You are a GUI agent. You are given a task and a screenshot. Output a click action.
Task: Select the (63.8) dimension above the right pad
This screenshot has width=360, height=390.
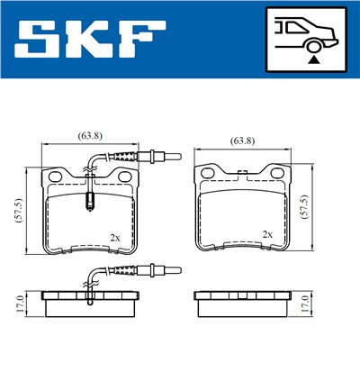[x=243, y=141]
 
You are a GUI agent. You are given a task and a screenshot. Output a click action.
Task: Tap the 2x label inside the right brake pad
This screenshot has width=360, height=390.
[x=266, y=233]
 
